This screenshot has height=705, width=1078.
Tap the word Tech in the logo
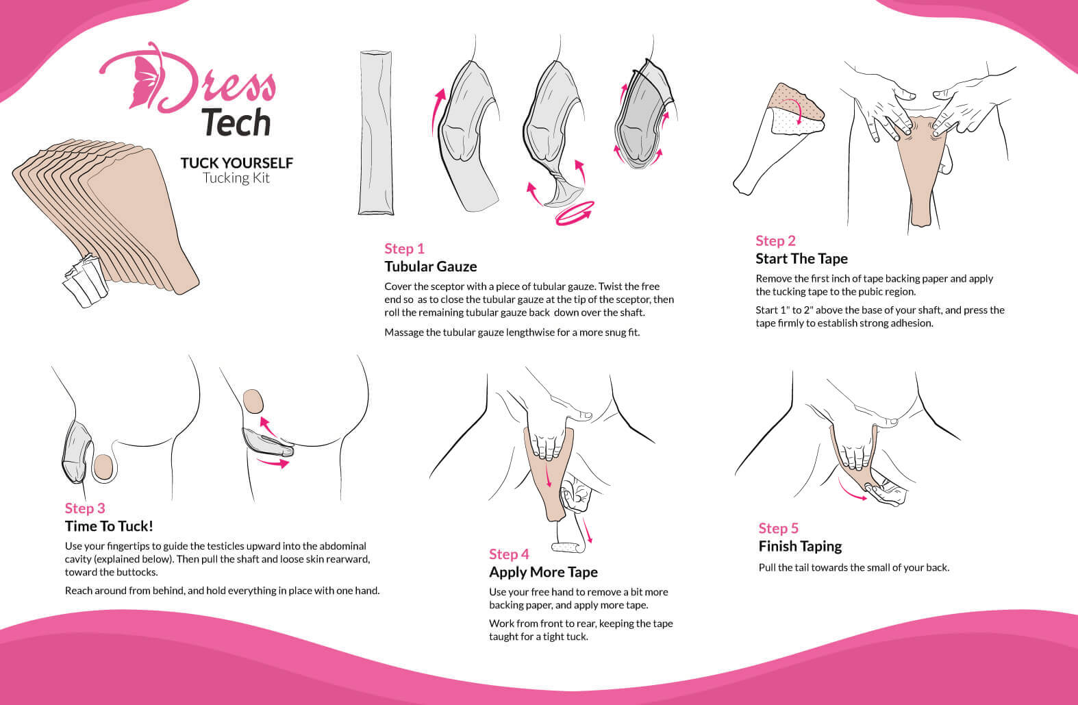[236, 122]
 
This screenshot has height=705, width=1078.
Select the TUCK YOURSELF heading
[237, 163]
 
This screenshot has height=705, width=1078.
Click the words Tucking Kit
[236, 178]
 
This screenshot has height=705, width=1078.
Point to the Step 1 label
[404, 249]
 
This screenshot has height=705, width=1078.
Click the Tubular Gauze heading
[431, 267]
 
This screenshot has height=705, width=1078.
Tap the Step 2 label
[775, 240]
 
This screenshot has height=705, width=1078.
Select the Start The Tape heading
[801, 258]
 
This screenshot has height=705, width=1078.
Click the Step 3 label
[85, 508]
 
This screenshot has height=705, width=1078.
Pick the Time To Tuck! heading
[109, 526]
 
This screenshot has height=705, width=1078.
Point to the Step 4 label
[509, 554]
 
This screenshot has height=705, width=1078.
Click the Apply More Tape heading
[543, 572]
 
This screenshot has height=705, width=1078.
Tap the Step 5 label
[778, 528]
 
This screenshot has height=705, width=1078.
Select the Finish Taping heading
[800, 546]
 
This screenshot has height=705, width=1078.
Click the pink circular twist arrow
[575, 213]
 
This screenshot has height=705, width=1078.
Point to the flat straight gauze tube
[376, 132]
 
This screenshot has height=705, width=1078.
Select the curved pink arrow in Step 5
[852, 489]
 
